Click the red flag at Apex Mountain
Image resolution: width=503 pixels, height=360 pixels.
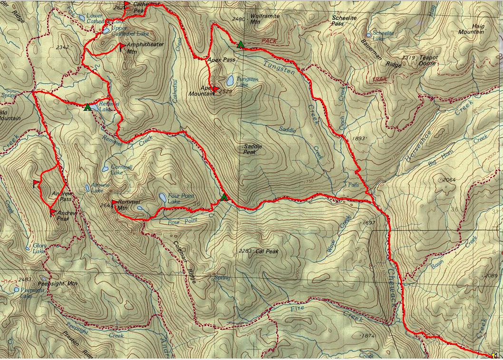click(x=215, y=89)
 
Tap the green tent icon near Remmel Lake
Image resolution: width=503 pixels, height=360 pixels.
click(x=87, y=107)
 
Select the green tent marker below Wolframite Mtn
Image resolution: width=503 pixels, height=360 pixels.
click(x=241, y=45)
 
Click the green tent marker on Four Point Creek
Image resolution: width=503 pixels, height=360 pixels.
click(x=224, y=197)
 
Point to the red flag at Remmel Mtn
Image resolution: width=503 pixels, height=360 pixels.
click(x=115, y=204)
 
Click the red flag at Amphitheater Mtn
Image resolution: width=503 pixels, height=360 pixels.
click(x=123, y=47)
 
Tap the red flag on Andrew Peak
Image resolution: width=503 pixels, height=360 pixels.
click(x=53, y=213)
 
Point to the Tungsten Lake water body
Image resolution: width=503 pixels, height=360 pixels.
click(x=230, y=78)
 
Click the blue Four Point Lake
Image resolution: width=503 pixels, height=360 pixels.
click(x=162, y=197)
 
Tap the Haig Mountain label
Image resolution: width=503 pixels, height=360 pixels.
click(x=471, y=29)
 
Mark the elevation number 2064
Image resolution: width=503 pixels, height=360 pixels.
click(x=450, y=180)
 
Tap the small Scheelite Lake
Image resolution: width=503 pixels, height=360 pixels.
click(x=369, y=35)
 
